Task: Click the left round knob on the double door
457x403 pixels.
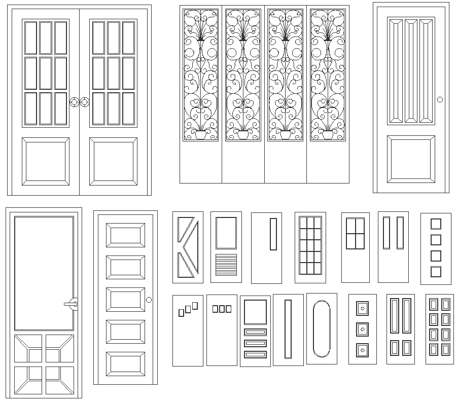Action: [x=74, y=102]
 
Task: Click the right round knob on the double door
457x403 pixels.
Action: [x=84, y=102]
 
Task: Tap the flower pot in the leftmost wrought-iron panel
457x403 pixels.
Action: [x=201, y=134]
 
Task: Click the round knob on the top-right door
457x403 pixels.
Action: [x=440, y=99]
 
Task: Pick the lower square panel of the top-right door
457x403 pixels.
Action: [x=411, y=159]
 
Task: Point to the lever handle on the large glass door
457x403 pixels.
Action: [x=72, y=304]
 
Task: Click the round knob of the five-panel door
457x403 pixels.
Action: [x=149, y=300]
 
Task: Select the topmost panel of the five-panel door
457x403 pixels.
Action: [x=125, y=236]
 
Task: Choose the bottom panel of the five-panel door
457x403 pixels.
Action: [x=125, y=364]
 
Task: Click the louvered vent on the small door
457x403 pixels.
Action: [x=226, y=264]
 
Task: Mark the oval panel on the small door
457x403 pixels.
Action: [x=322, y=328]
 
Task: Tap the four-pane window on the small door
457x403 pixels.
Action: [x=355, y=233]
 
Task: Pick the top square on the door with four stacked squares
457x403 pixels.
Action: [x=436, y=224]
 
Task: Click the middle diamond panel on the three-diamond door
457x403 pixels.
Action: [x=362, y=329]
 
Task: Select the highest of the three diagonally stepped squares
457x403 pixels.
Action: [x=195, y=305]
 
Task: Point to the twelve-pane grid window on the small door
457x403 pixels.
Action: [x=310, y=245]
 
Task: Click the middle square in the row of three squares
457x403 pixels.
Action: [x=222, y=308]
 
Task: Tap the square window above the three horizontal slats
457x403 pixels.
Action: [x=255, y=312]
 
